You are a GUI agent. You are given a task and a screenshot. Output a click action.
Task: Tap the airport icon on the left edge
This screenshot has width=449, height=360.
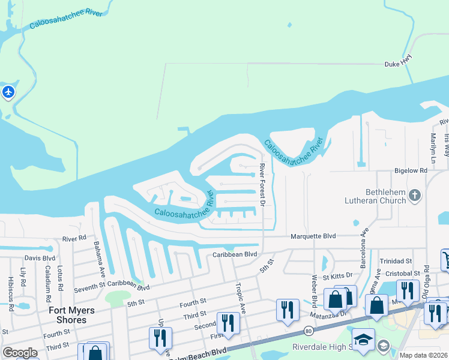[x=8, y=92]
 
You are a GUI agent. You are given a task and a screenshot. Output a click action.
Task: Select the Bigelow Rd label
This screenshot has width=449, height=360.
[x=411, y=171]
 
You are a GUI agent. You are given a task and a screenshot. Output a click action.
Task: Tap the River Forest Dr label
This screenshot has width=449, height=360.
[x=262, y=186]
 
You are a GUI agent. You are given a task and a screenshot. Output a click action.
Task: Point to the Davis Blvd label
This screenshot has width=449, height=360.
[x=40, y=259]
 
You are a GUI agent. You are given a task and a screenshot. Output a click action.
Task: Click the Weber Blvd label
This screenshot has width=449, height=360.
[x=313, y=291]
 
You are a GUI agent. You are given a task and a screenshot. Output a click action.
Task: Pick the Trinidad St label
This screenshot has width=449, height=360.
[x=396, y=262]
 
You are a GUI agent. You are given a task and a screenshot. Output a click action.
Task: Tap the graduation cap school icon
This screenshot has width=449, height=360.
[x=364, y=340]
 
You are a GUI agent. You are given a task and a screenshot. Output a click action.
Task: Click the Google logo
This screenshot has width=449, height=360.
[x=20, y=353]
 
